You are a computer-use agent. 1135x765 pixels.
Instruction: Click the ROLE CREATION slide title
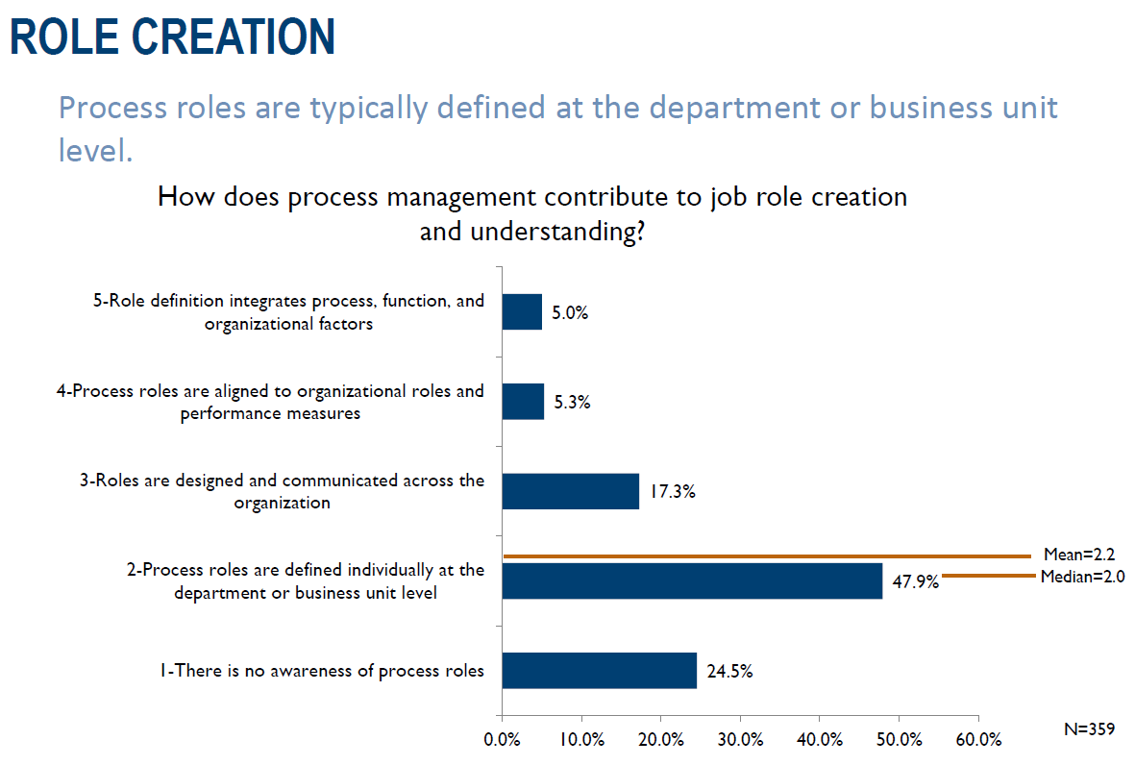click(x=173, y=36)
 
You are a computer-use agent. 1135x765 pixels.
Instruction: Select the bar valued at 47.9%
click(x=692, y=580)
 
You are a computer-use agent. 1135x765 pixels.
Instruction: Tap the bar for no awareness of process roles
click(x=599, y=670)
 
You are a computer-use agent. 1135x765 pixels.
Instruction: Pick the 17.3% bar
click(x=570, y=491)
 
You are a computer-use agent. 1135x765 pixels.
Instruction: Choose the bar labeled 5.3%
click(x=523, y=402)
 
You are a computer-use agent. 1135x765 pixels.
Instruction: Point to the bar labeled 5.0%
click(x=522, y=312)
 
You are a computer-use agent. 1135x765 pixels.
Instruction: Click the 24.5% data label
click(x=729, y=671)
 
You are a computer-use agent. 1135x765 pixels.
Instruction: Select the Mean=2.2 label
click(x=1078, y=555)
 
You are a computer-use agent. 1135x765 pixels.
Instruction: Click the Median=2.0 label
click(x=1082, y=577)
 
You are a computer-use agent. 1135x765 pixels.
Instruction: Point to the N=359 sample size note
click(x=1089, y=729)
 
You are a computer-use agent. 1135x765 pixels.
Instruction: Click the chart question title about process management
click(x=531, y=213)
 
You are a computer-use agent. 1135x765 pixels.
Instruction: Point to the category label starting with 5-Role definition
click(x=288, y=312)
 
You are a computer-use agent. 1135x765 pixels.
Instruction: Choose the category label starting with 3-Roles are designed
click(x=283, y=491)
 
